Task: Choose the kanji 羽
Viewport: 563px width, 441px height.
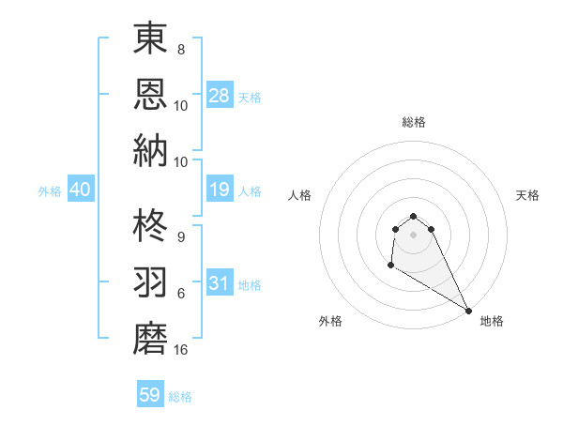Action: click(150, 282)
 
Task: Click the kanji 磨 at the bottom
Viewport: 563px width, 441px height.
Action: click(150, 337)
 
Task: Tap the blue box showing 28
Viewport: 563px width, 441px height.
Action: click(220, 96)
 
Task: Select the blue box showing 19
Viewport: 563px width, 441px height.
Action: click(220, 190)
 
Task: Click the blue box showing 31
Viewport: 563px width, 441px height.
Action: click(220, 283)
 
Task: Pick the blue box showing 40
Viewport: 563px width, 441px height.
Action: click(80, 190)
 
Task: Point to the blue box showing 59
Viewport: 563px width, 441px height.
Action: click(150, 395)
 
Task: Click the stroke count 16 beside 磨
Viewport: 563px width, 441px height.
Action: click(181, 350)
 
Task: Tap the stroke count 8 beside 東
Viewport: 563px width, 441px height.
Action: click(181, 49)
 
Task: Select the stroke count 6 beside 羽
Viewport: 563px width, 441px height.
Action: click(181, 294)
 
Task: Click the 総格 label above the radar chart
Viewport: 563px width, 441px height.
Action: click(414, 122)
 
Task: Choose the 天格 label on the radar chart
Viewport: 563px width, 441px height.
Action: click(527, 195)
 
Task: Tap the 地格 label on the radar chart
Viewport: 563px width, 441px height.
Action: click(492, 321)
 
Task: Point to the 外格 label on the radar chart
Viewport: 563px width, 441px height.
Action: click(330, 321)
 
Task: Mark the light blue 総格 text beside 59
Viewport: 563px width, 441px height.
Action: click(180, 397)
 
